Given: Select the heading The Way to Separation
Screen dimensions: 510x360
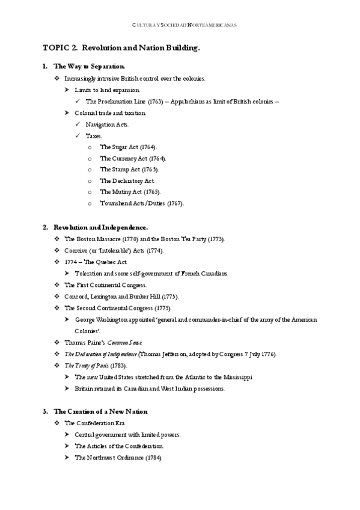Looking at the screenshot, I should click(x=90, y=66).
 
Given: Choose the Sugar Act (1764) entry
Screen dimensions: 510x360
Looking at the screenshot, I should click(x=128, y=147).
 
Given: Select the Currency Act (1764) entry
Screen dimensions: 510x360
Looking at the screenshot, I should click(x=132, y=158).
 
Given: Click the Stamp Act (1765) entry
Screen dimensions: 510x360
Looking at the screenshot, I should click(x=129, y=170).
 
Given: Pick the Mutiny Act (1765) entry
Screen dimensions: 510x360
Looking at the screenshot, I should click(x=130, y=192).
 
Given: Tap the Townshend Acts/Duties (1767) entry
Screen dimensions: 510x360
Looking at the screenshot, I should click(x=142, y=203).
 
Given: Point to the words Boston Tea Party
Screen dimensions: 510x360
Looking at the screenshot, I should click(x=184, y=239).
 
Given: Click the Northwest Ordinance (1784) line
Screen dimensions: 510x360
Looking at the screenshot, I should click(x=118, y=457).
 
